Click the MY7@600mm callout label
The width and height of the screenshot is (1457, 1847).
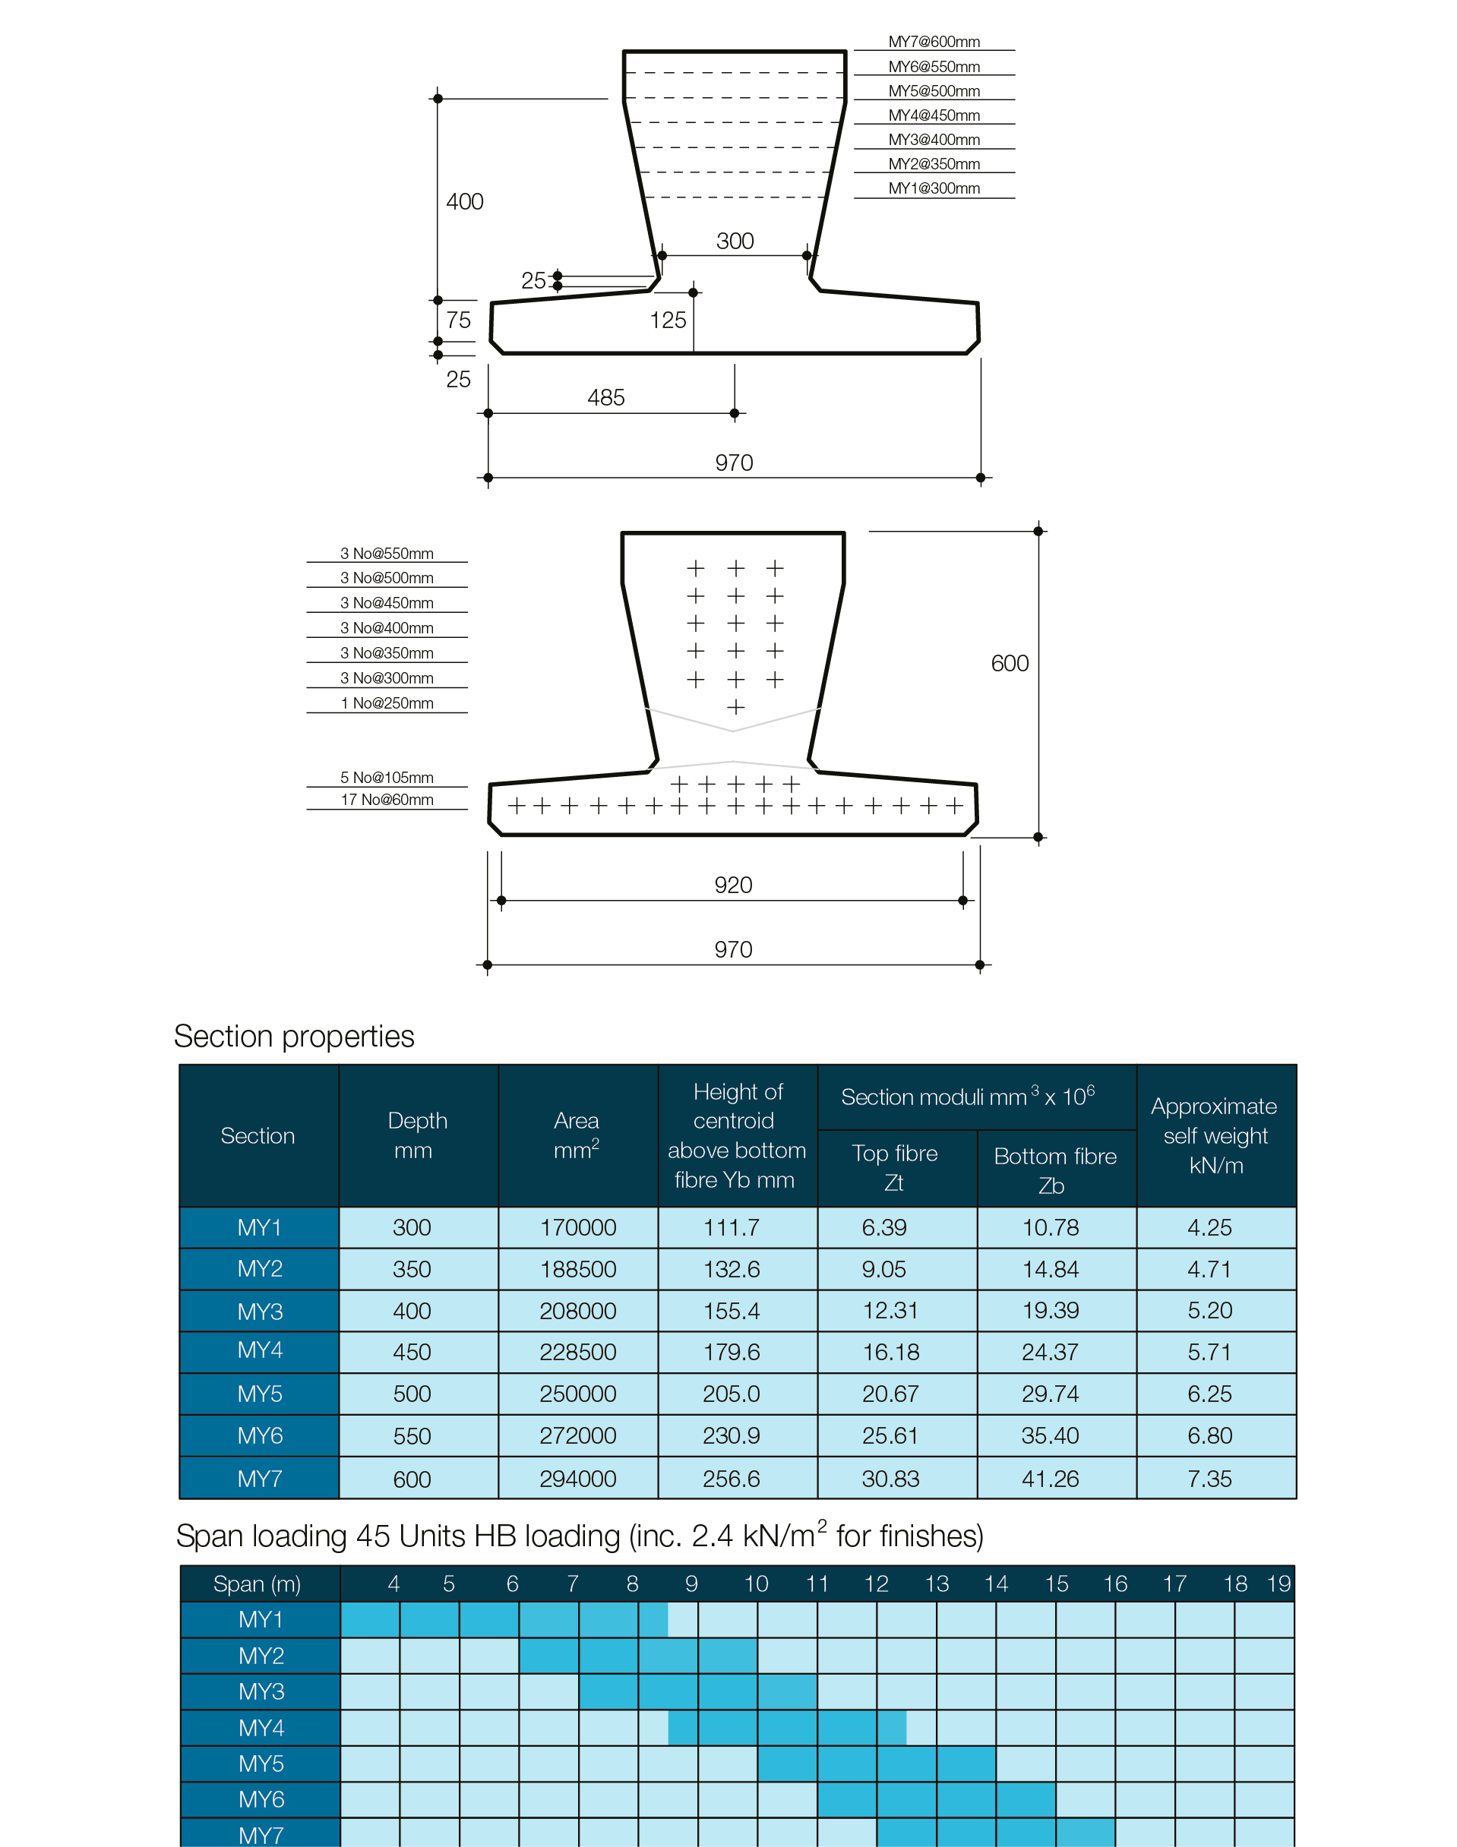[934, 42]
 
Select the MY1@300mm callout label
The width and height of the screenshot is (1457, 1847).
[934, 188]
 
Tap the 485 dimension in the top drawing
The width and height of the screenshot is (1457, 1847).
[605, 397]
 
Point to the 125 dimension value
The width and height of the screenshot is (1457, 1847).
[668, 320]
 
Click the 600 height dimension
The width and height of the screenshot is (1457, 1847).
[1010, 664]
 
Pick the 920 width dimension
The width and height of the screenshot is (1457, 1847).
[734, 885]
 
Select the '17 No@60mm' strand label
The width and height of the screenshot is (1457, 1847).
[387, 800]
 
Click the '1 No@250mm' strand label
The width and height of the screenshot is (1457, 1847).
[387, 703]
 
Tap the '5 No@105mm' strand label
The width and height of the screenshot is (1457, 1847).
[387, 778]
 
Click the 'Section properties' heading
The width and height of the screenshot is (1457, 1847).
[294, 1036]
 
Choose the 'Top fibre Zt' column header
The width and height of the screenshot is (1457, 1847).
[895, 1167]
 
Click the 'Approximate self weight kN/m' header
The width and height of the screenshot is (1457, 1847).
[1215, 1136]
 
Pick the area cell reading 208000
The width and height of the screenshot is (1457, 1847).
[577, 1311]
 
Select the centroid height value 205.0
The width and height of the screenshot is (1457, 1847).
[732, 1394]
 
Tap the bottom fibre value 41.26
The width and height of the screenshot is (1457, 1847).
[1050, 1479]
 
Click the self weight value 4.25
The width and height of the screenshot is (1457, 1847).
[1209, 1228]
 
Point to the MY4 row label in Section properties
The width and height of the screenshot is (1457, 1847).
[260, 1351]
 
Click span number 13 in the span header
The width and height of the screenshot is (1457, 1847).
[937, 1584]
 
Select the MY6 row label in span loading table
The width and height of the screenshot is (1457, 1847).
[261, 1799]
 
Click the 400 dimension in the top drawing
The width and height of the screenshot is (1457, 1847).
[465, 202]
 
